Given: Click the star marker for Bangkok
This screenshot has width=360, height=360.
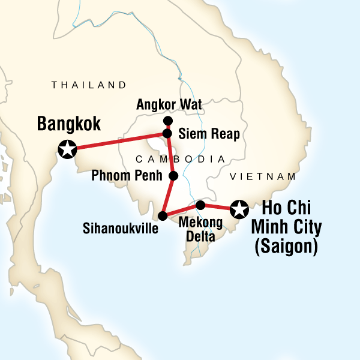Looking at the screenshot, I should point(67,148).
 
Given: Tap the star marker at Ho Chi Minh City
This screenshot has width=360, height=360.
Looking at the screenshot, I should point(239,209).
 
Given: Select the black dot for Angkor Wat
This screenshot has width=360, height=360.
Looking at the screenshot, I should point(168,121).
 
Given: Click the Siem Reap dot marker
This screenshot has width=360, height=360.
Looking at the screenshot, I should point(168,133).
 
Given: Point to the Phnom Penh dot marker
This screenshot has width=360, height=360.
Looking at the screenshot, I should point(173,176).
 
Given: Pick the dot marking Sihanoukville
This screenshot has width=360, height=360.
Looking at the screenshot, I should point(162,215).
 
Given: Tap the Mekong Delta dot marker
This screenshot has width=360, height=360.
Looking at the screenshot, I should point(201,205).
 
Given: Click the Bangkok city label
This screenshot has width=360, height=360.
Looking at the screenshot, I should point(68,124).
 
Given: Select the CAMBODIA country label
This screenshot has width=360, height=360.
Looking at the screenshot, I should point(180,159).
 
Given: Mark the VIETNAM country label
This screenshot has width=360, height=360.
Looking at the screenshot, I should point(264,176).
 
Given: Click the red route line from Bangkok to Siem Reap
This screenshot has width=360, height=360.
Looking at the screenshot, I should point(117,140).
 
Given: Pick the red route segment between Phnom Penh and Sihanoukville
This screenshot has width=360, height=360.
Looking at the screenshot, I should point(168,196).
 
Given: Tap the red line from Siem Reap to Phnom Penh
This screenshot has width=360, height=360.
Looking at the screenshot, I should point(171,155).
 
